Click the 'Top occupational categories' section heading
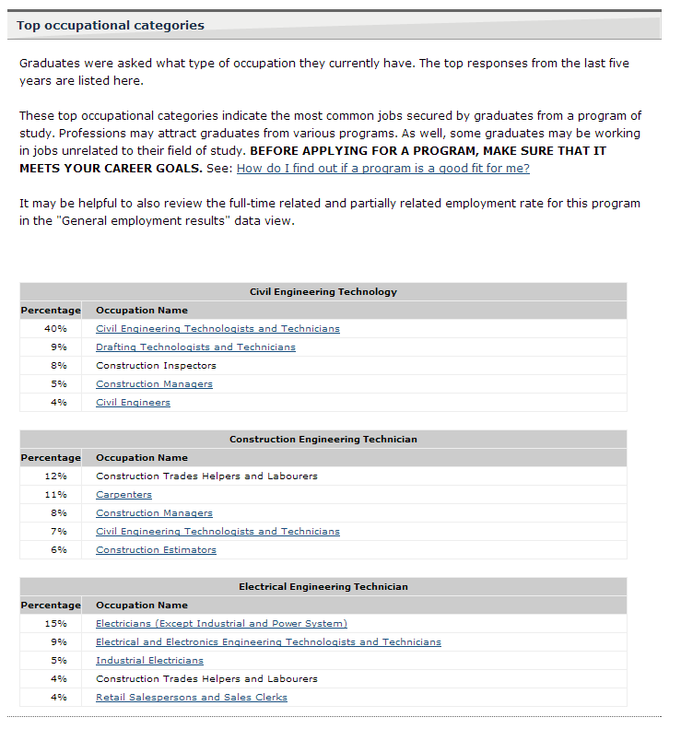(111, 26)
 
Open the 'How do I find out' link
(382, 169)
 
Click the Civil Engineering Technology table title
(323, 292)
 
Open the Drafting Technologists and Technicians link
(195, 347)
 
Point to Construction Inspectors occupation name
(156, 366)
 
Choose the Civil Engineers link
(133, 403)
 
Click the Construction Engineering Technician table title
(323, 440)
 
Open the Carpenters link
(123, 495)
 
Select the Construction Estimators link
(156, 550)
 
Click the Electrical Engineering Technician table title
(323, 587)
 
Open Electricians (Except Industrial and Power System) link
(221, 624)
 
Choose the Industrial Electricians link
(149, 661)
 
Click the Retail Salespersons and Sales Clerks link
(191, 698)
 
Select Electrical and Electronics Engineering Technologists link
(268, 642)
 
